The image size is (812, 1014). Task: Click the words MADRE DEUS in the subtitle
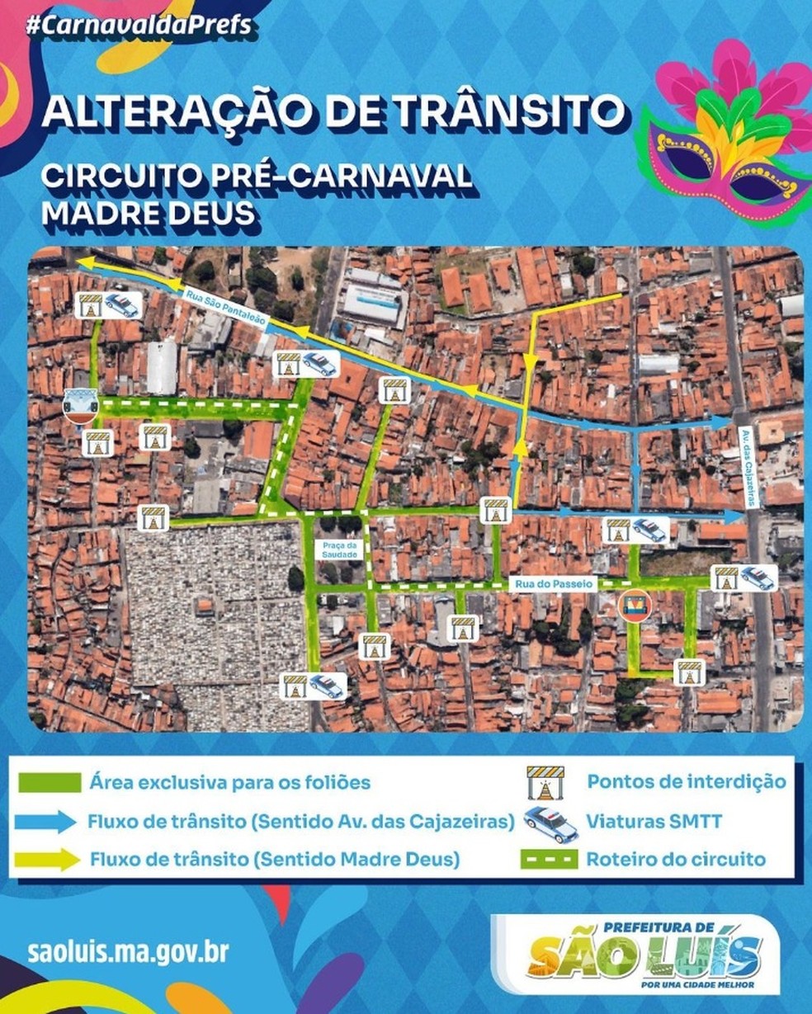pos(148,213)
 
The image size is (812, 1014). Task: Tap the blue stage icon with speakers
pos(80,406)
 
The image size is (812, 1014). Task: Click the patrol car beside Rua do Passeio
pos(757,578)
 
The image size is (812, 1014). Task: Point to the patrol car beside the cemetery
pos(327,686)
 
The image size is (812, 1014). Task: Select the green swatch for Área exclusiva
pos(50,781)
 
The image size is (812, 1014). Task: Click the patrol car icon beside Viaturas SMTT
pos(550,823)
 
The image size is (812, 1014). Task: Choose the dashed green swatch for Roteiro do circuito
pos(549,859)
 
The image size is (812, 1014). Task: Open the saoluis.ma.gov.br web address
pos(127,952)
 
